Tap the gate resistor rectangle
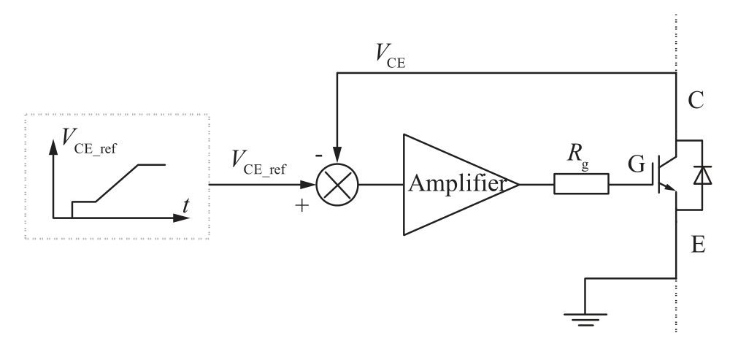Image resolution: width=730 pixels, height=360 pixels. (x=581, y=184)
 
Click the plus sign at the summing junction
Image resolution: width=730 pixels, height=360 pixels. (x=301, y=207)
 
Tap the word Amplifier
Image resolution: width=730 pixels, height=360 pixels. (x=457, y=184)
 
